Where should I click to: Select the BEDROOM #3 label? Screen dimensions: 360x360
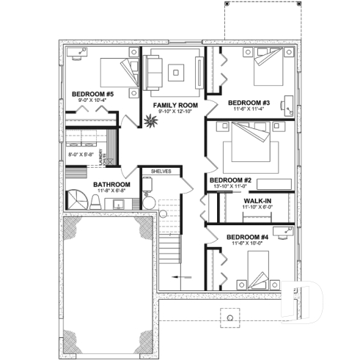tap(249, 102)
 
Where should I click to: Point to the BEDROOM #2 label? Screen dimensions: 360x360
tap(231, 180)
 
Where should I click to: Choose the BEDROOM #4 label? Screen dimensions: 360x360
tap(247, 238)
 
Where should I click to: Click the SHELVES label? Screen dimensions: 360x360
tap(161, 172)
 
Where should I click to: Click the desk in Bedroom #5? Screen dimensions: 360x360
tap(78, 51)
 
